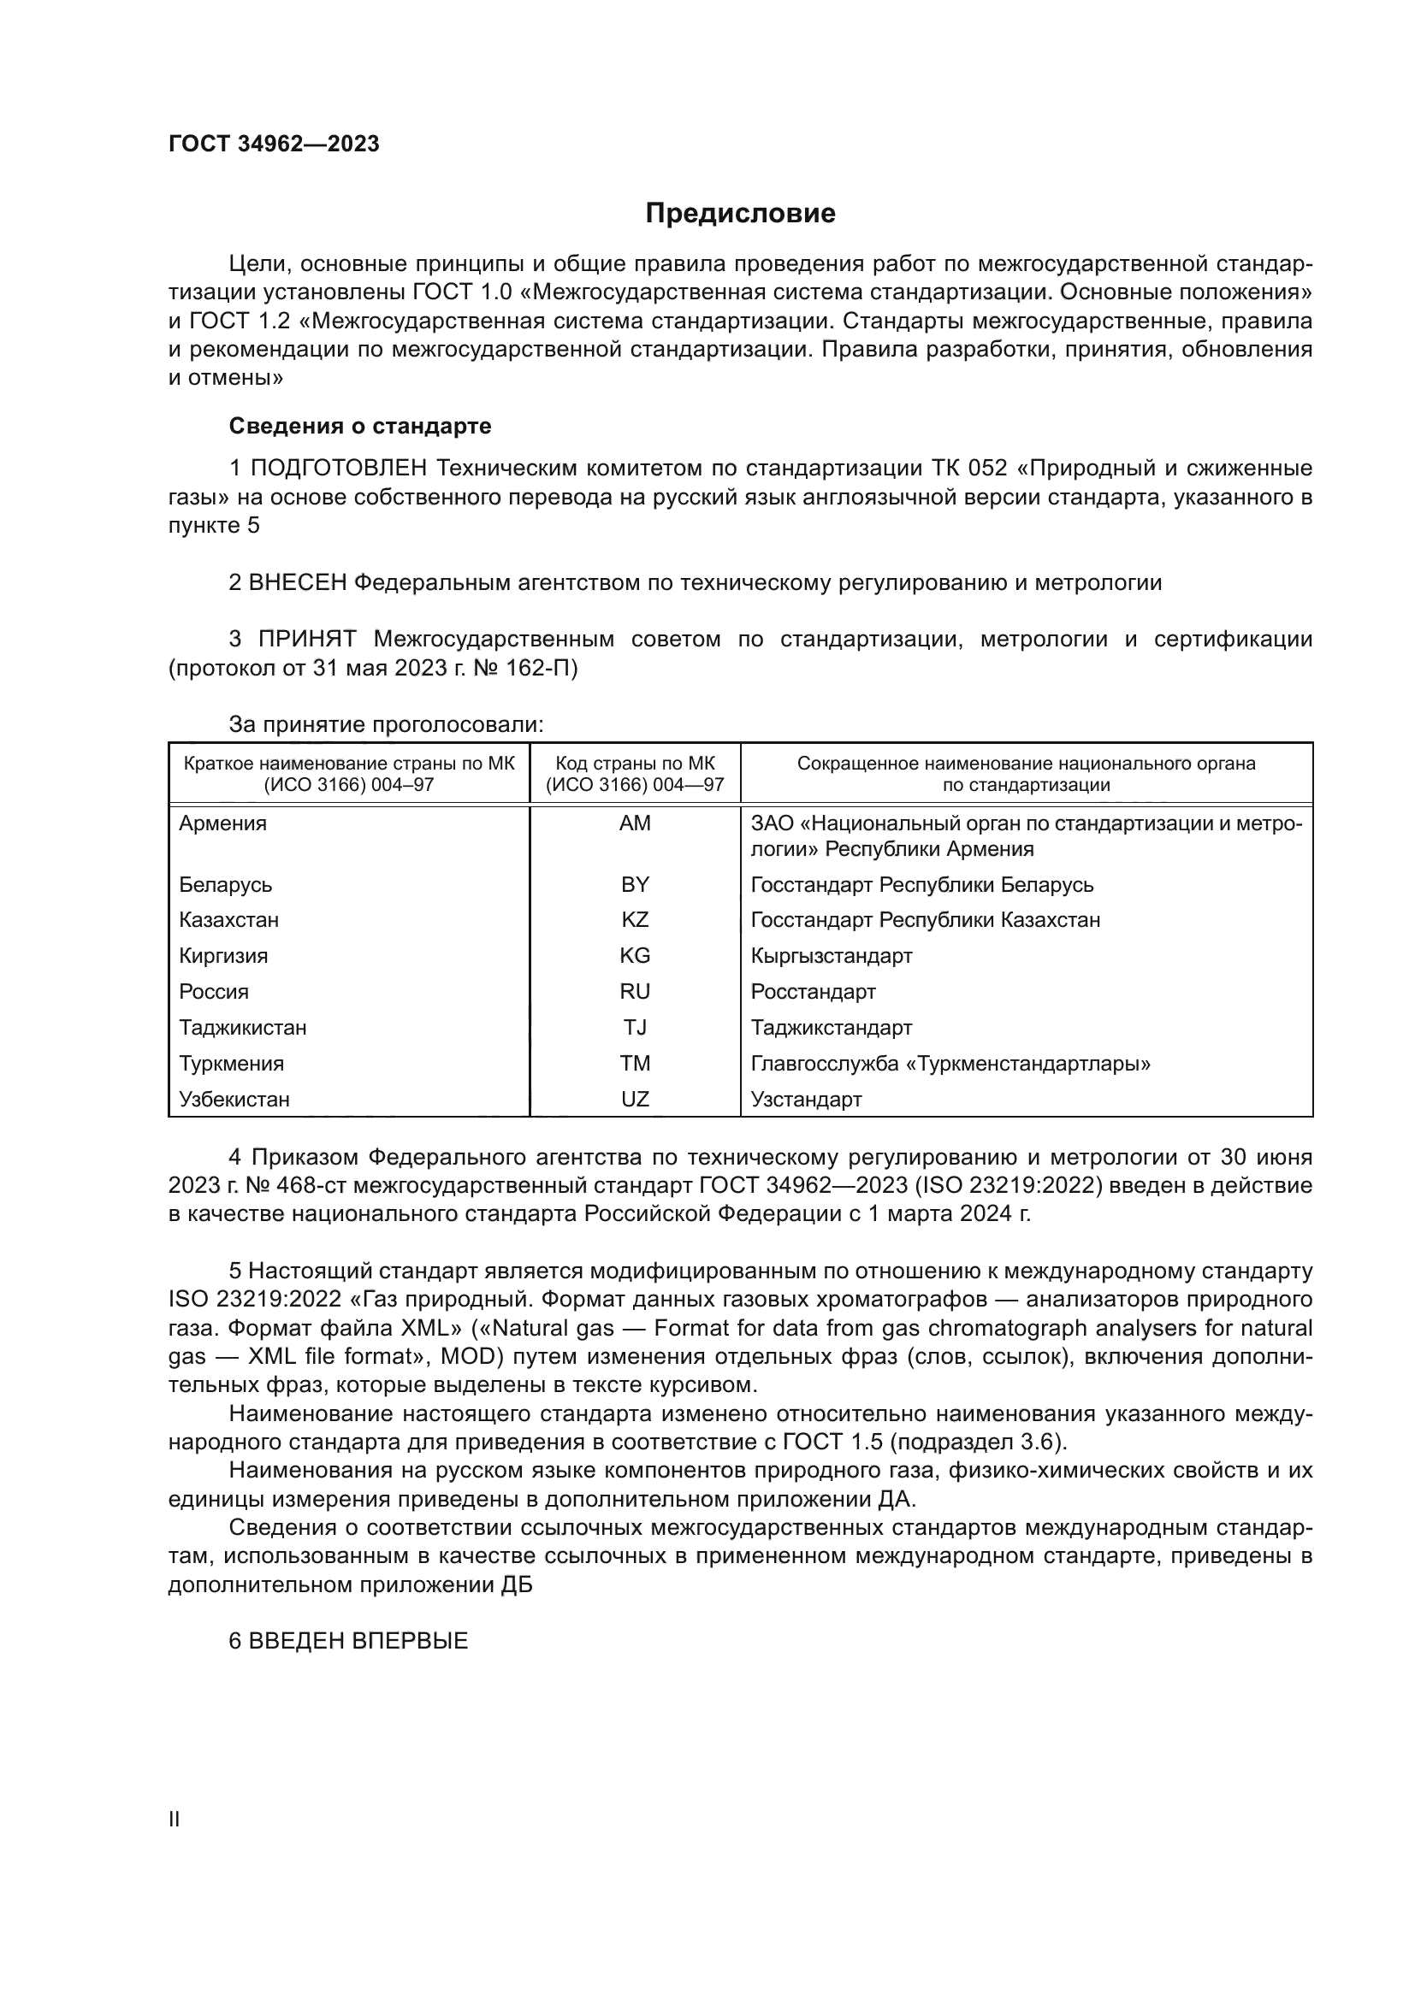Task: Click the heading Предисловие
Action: pos(740,214)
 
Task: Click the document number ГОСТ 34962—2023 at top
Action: pos(274,145)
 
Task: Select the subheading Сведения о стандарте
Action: pos(360,427)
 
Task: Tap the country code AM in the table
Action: pos(634,824)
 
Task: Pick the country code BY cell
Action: pos(634,885)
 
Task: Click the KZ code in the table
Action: pos(634,921)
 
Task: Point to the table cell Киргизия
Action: pos(223,957)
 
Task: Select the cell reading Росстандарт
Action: pos(813,992)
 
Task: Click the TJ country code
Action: pos(634,1028)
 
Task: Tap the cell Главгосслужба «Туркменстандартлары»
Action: pos(950,1064)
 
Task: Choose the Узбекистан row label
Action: pos(234,1100)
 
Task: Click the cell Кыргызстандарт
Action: pos(832,957)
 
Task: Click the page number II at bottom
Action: pos(175,1820)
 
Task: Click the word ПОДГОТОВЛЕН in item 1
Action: pos(338,469)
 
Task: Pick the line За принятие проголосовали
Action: pos(386,725)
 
